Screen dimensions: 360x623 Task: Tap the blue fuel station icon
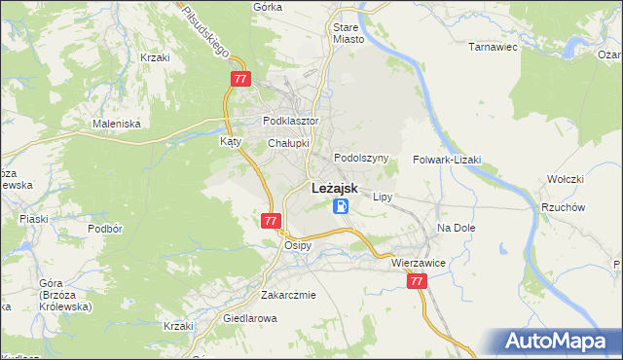pyautogui.click(x=340, y=206)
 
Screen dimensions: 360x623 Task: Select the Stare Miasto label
pyautogui.click(x=348, y=34)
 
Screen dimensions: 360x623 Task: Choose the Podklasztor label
pyautogui.click(x=291, y=122)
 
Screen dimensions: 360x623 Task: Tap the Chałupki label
pyautogui.click(x=288, y=143)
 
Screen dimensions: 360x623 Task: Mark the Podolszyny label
pyautogui.click(x=361, y=158)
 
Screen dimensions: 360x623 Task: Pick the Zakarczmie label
pyautogui.click(x=288, y=295)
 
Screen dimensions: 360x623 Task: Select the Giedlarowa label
pyautogui.click(x=250, y=317)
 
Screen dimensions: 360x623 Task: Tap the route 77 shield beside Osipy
pyautogui.click(x=272, y=222)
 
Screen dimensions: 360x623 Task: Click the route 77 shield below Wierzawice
pyautogui.click(x=417, y=281)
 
